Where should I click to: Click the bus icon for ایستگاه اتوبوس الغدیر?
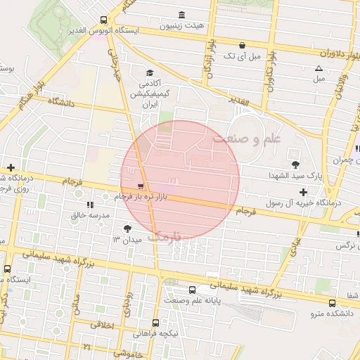(x=104, y=20)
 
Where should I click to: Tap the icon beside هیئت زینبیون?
(x=182, y=15)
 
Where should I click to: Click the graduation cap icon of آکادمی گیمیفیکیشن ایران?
(x=149, y=73)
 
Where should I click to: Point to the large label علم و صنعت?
(x=246, y=139)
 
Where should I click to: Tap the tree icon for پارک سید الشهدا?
(x=295, y=165)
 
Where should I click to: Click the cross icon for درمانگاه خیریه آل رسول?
(x=303, y=192)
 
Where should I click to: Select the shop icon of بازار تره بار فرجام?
(x=142, y=187)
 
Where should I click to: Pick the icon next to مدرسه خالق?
(x=90, y=205)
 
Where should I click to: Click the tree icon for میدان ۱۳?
(x=127, y=229)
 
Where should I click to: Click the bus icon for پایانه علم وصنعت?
(x=192, y=290)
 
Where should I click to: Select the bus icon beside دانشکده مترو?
(x=332, y=303)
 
